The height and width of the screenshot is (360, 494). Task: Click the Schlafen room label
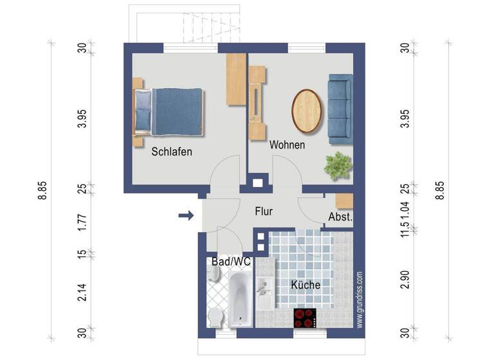(172, 152)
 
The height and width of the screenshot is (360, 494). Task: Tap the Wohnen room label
(287, 145)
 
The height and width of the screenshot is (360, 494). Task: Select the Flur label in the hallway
(264, 211)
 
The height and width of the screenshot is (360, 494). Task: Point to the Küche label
(306, 285)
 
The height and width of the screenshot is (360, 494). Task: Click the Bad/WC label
(231, 262)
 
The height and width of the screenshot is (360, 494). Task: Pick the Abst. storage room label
(340, 217)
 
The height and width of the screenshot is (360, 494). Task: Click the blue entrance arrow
(186, 215)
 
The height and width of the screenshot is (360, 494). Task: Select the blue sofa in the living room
(340, 108)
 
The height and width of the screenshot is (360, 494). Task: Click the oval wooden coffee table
(307, 109)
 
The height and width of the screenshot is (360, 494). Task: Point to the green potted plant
(338, 166)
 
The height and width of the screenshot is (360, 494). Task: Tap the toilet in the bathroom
(215, 316)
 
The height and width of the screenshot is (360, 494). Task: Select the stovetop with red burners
(306, 318)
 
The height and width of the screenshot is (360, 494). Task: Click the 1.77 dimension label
(82, 223)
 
